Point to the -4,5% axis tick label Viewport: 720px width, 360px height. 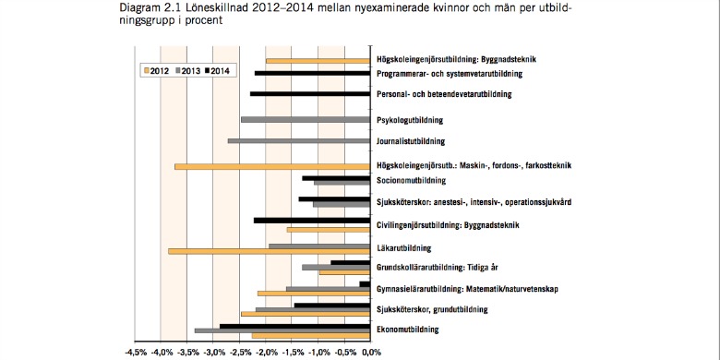tap(135, 352)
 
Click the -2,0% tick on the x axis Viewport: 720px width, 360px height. tap(266, 352)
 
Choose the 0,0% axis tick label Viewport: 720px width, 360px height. tap(370, 352)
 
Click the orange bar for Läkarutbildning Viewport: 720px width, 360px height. tap(269, 251)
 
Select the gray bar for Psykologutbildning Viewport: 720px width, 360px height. tap(305, 120)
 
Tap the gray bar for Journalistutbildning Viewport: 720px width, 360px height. tap(299, 141)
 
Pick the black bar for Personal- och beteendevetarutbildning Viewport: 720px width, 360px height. tap(310, 93)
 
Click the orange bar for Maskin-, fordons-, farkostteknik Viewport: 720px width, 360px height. tap(272, 166)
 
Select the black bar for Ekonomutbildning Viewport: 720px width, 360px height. tap(294, 325)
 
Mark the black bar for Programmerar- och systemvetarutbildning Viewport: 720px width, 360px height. tap(312, 72)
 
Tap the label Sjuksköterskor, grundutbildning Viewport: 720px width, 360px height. tap(433, 309)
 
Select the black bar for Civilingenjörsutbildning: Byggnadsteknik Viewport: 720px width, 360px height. tap(311, 220)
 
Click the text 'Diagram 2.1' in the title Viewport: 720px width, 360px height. tap(148, 8)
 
